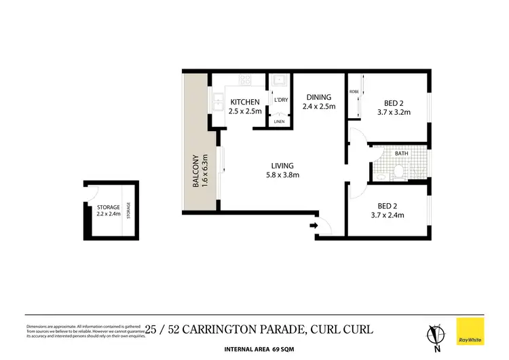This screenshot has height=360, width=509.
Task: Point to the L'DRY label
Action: (281, 101)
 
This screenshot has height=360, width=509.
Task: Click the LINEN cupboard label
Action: (279, 122)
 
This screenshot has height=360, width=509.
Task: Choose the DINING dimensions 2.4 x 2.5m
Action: (318, 107)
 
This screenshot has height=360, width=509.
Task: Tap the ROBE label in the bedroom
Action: (354, 91)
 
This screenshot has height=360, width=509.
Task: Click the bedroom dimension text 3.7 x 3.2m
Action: (394, 113)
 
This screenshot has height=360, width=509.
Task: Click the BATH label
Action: (402, 154)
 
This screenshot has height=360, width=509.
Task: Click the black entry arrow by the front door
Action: (313, 225)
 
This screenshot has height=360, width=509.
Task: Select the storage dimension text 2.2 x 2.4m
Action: (108, 215)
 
